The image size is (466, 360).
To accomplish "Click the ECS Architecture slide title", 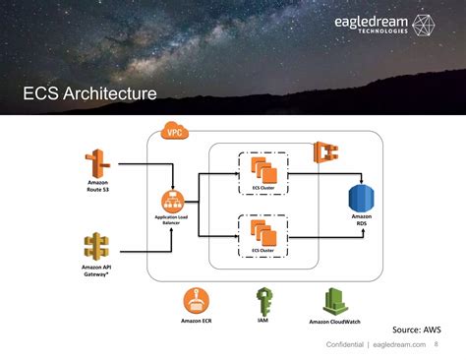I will (89, 94).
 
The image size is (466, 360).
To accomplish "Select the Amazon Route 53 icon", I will (96, 161).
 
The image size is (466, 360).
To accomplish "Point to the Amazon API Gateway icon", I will (96, 245).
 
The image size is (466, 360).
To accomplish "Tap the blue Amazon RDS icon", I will (362, 197).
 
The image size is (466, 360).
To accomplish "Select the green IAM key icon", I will (263, 300).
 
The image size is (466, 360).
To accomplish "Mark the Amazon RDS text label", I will (362, 222).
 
